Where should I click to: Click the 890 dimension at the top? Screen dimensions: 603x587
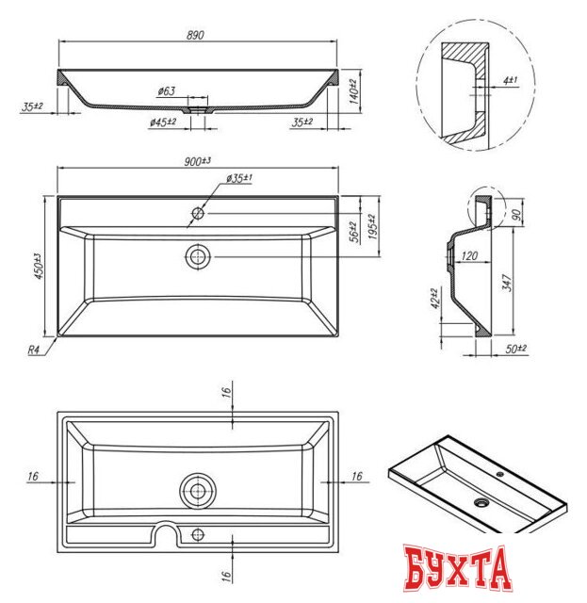[196, 35]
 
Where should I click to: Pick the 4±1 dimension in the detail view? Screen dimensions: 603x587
[509, 82]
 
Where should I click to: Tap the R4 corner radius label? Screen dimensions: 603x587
[33, 350]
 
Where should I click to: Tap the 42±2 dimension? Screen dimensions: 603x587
[435, 300]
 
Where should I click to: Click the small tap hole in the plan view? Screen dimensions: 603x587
[198, 213]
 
